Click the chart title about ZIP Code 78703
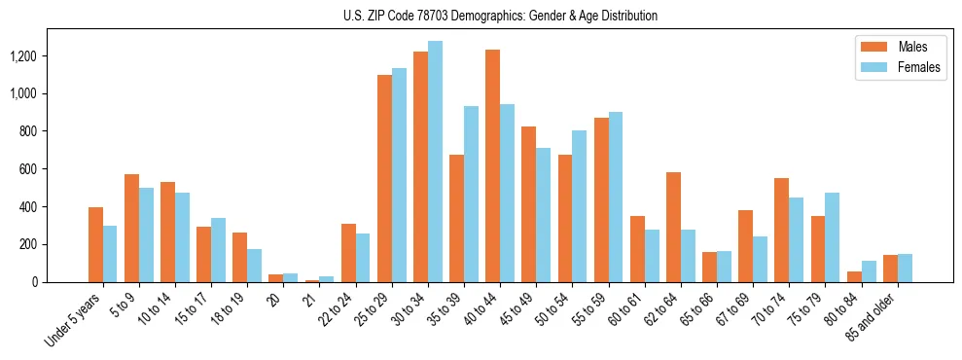[x=500, y=16]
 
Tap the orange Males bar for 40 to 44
[x=492, y=165]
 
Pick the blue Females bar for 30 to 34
[x=435, y=162]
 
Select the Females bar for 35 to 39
[x=471, y=194]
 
